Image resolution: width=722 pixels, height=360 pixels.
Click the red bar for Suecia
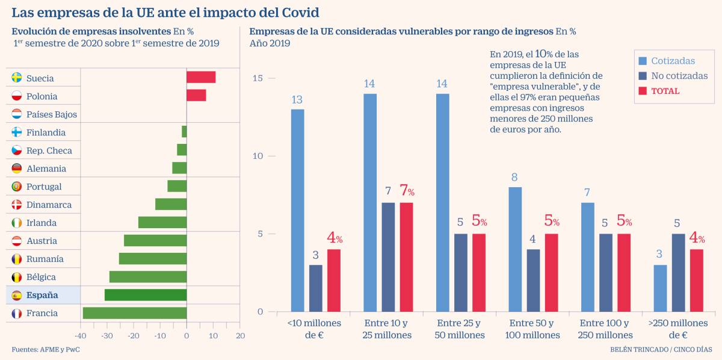(x=201, y=77)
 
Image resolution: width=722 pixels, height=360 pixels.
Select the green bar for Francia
(x=135, y=313)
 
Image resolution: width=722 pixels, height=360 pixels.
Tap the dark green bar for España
(x=146, y=295)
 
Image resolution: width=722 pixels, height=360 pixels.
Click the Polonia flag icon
(x=17, y=96)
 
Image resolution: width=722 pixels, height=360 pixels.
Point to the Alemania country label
(x=46, y=169)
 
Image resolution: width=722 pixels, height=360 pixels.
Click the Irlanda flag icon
(x=17, y=223)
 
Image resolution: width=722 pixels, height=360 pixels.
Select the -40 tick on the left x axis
(x=80, y=335)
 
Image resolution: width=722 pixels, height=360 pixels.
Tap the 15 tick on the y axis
(x=258, y=78)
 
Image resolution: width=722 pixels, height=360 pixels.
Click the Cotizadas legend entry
(x=673, y=61)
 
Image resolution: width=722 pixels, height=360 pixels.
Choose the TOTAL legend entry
(x=665, y=91)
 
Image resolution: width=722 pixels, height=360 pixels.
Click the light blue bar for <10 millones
(x=297, y=210)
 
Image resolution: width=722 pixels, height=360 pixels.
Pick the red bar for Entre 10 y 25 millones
(x=406, y=257)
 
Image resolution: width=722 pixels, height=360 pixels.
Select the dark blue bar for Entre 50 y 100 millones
(x=533, y=280)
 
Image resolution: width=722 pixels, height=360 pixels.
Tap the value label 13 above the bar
(x=297, y=100)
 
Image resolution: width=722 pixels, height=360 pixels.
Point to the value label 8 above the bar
(x=515, y=178)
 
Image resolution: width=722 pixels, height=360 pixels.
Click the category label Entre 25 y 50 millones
(x=460, y=329)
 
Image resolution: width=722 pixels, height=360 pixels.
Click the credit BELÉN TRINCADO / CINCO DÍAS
(x=660, y=350)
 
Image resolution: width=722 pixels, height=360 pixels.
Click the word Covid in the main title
(x=297, y=12)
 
